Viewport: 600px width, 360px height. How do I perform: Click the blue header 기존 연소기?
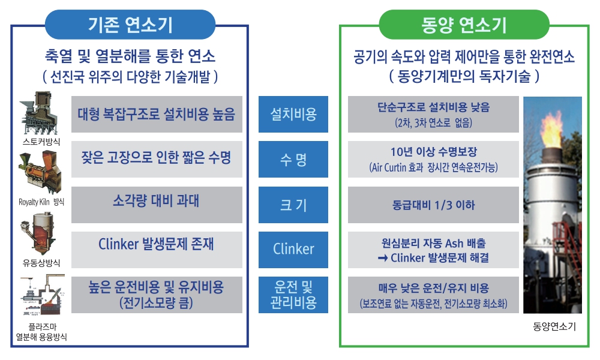coord(130,25)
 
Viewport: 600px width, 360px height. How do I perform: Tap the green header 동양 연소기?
coord(464,25)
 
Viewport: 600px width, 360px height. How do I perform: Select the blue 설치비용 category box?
coord(293,114)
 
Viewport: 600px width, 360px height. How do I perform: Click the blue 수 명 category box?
coord(293,160)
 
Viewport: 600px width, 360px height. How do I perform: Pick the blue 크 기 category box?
coord(293,205)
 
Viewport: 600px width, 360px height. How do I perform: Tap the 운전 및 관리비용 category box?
coord(293,294)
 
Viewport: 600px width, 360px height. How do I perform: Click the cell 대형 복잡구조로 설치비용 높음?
coord(157,114)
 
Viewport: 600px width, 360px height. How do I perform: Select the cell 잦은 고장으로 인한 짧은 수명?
coord(157,160)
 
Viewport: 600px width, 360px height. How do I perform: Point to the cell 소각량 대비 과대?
coord(157,205)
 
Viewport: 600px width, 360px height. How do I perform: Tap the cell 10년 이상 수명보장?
coord(433,160)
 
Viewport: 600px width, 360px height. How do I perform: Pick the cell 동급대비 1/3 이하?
coord(433,205)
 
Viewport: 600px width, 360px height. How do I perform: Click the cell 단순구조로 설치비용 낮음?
coord(433,114)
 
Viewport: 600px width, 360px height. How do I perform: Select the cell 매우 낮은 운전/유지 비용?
coord(433,294)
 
